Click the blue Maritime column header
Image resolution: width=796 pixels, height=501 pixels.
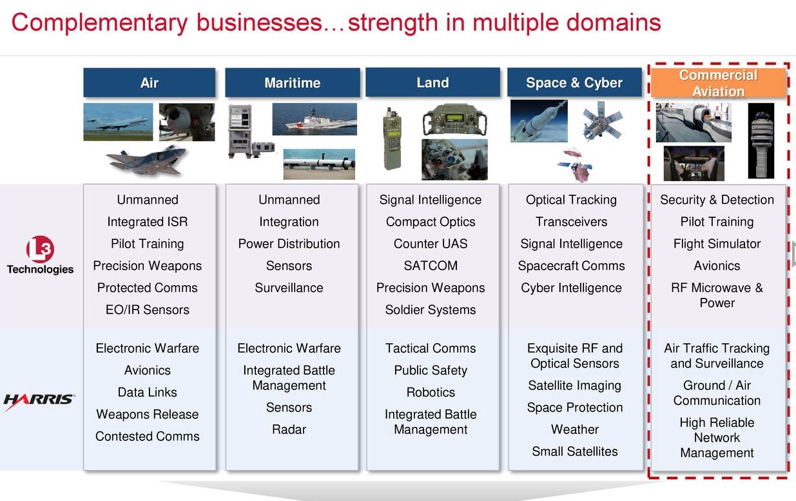pos(292,83)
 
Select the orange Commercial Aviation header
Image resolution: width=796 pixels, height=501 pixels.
pos(717,83)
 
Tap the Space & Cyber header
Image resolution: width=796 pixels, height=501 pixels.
pos(574,83)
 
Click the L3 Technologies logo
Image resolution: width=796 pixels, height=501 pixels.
pos(40,257)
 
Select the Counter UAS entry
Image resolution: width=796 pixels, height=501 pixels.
pos(431,244)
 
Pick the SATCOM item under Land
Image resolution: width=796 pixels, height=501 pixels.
pos(431,266)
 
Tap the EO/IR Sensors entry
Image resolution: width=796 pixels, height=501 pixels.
pos(148,309)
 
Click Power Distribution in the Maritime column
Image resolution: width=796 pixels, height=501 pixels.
pos(289,244)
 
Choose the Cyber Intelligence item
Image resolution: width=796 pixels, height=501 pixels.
pos(571,288)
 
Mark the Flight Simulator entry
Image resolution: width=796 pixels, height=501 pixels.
pos(717,244)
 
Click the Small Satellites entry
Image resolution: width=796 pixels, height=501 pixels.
pos(574,451)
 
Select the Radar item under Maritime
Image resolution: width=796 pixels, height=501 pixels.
pos(289,429)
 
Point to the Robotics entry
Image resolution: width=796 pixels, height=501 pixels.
pos(431,392)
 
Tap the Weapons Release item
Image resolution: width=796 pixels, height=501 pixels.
pos(148,414)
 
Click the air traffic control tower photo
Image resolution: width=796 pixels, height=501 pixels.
pos(761,141)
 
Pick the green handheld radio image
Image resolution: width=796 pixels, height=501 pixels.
pos(391,138)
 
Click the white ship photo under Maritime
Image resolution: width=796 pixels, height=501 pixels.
pos(314,119)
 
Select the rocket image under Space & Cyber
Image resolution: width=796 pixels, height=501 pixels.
pos(539,121)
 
